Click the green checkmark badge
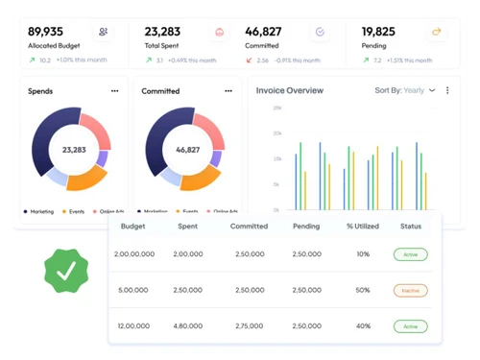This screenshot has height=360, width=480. click(66, 272)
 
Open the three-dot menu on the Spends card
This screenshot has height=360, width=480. click(115, 91)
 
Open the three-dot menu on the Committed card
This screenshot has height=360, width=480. click(228, 91)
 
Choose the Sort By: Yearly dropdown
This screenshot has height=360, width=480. click(404, 91)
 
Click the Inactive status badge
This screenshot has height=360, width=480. click(410, 290)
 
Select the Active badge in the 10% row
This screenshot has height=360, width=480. click(410, 254)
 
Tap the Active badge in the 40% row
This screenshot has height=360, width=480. click(410, 326)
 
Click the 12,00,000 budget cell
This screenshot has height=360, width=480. click(133, 326)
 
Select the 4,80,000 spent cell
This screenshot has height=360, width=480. click(188, 326)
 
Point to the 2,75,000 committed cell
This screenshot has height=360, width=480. click(249, 326)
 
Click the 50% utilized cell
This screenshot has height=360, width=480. click(363, 290)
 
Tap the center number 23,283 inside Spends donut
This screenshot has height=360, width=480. click(74, 150)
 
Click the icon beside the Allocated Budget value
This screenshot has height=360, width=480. click(103, 32)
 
